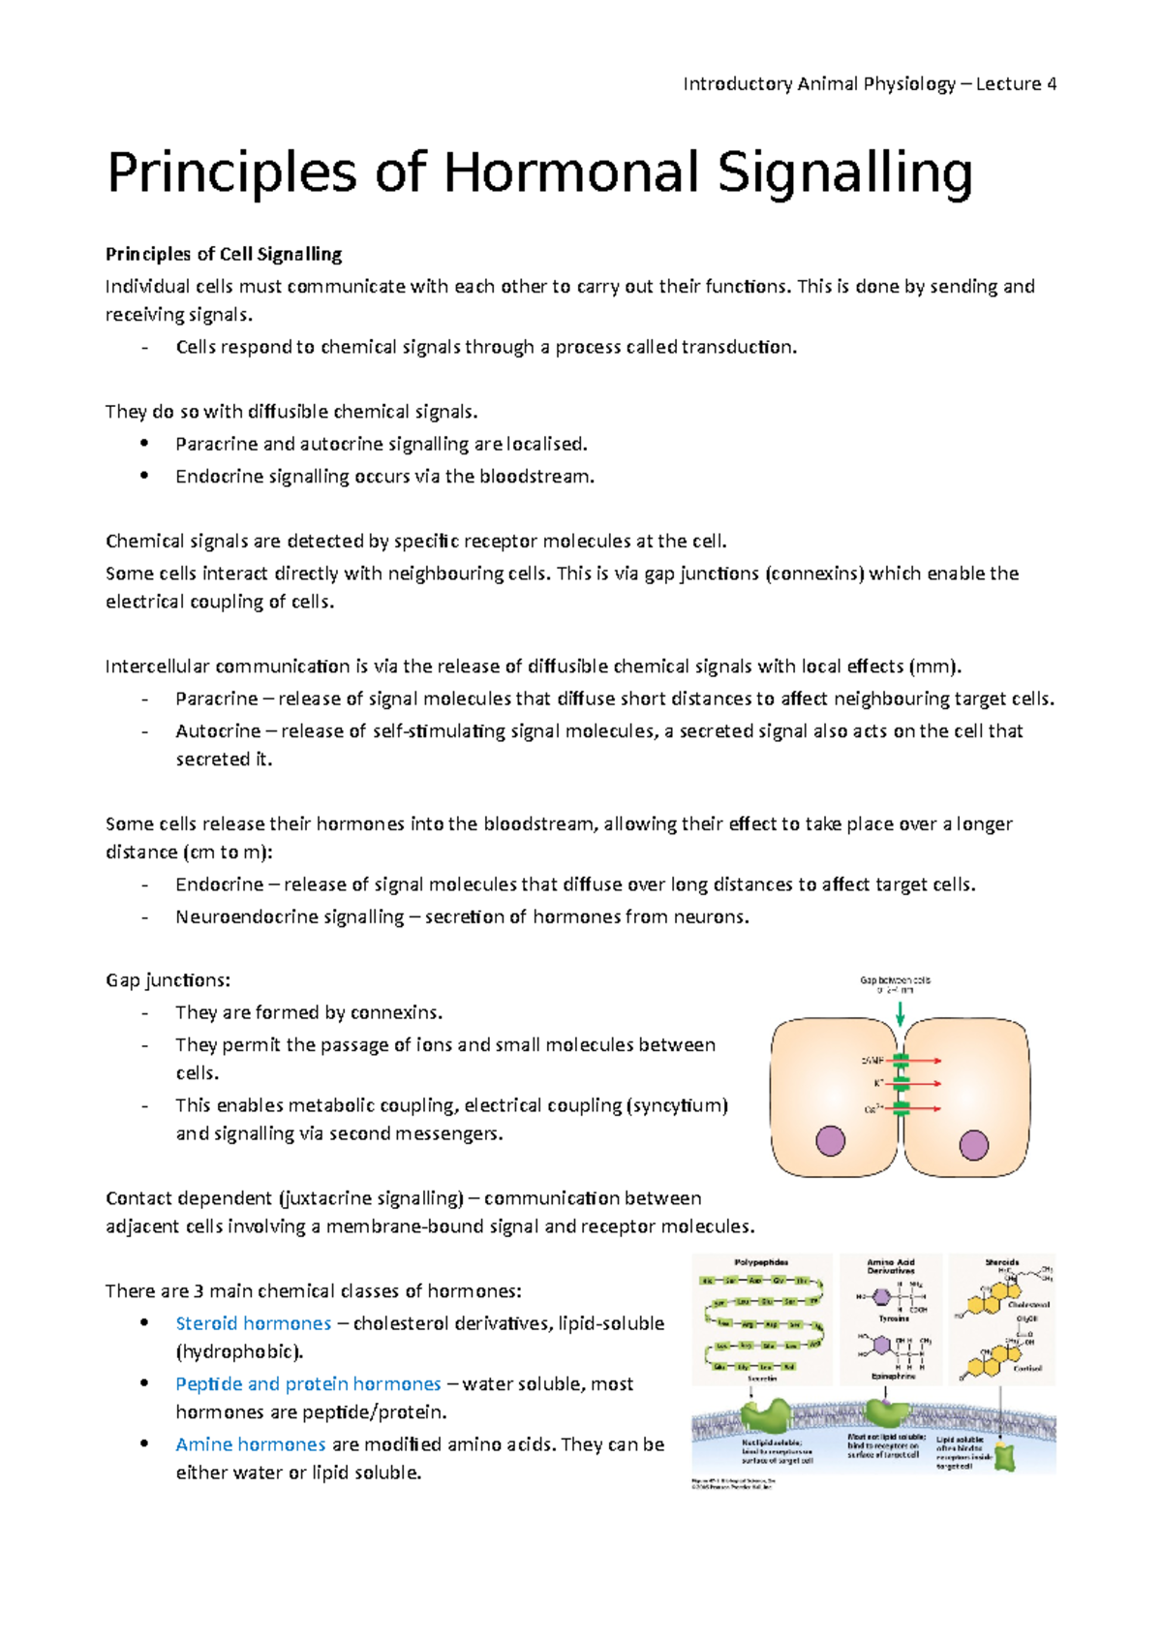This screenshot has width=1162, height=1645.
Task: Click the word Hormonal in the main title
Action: pos(570,173)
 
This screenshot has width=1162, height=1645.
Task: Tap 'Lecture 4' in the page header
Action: pos(1016,84)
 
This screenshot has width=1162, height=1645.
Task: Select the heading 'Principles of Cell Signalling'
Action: pos(224,254)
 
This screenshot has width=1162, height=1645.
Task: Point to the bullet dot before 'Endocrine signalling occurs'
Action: pos(144,476)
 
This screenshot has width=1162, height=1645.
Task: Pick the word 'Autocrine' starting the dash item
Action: pos(218,731)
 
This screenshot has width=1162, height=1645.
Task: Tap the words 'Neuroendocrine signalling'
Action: pos(290,916)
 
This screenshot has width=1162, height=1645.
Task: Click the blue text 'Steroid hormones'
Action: pos(253,1323)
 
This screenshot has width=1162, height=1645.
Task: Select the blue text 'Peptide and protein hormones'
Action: pos(308,1383)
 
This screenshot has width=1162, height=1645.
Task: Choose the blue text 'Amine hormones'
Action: pos(250,1444)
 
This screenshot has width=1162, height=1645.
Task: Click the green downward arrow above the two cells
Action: pos(901,1013)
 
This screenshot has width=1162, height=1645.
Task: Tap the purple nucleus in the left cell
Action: pos(830,1140)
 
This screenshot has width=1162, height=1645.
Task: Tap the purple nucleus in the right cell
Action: pos(973,1145)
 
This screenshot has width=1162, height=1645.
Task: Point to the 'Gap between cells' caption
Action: pos(895,980)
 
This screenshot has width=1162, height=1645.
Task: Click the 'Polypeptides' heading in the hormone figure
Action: pos(761,1262)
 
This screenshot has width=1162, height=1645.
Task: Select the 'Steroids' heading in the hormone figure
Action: pos(1001,1262)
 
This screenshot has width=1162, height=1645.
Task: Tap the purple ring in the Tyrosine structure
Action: pos(881,1296)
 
